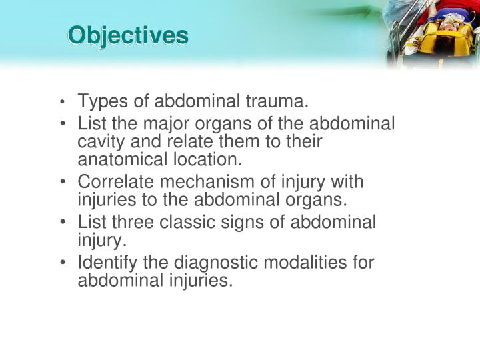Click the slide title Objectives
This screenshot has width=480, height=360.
[x=127, y=35]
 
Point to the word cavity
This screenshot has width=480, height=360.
[x=101, y=142]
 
